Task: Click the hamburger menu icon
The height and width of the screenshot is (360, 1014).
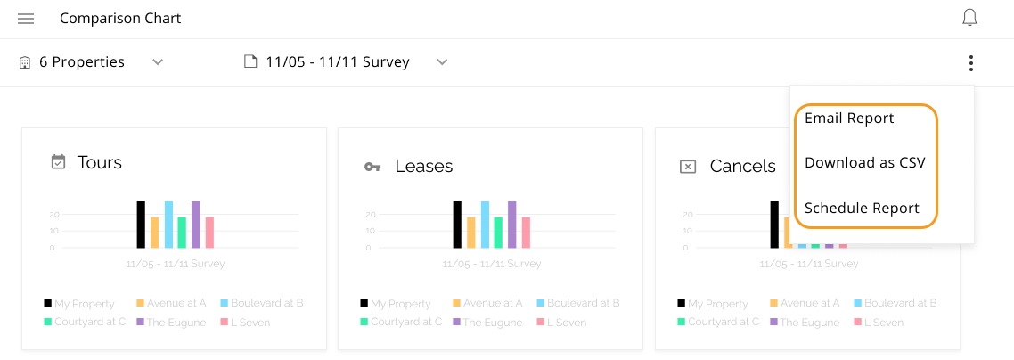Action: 26,19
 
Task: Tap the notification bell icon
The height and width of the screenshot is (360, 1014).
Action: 970,18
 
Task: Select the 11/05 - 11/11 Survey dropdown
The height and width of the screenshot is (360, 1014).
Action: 346,62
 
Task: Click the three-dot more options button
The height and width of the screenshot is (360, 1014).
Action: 970,63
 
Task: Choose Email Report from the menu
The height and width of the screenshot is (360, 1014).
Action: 849,118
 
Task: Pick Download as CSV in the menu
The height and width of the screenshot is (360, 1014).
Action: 864,162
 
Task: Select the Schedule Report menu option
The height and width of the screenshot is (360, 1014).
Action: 862,208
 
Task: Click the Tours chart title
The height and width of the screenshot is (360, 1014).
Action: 100,162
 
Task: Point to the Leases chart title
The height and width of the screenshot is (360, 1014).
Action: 424,166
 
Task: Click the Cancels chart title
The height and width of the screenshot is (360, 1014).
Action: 742,166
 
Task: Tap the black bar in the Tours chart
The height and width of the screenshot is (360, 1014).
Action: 141,225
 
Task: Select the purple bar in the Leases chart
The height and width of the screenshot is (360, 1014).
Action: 512,225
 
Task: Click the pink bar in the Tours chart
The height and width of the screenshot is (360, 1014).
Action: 209,233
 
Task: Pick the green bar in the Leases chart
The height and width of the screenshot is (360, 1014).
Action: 499,233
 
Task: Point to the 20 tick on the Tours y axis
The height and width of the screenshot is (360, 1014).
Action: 54,215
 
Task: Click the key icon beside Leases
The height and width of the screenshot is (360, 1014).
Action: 372,167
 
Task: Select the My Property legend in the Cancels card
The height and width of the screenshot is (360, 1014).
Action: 714,304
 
